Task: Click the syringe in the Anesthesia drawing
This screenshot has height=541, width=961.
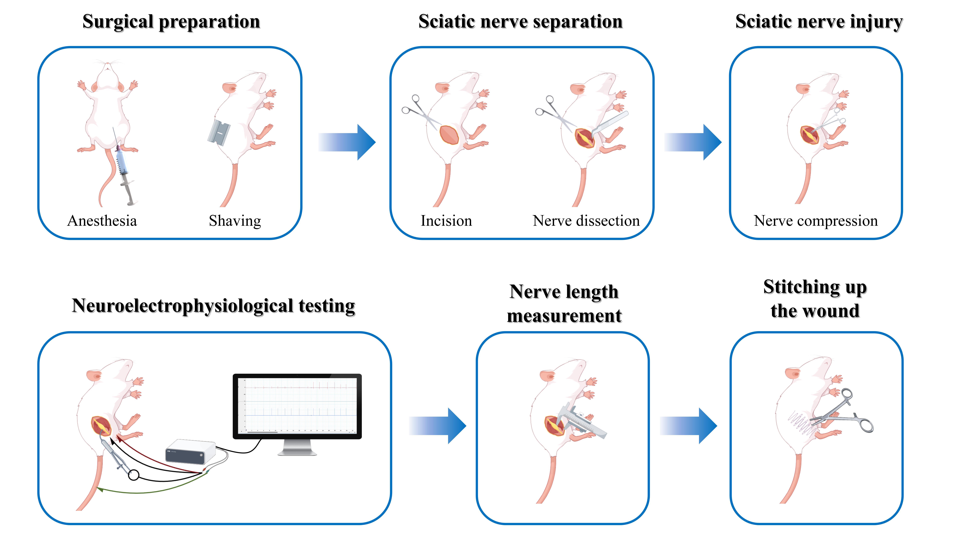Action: tap(124, 168)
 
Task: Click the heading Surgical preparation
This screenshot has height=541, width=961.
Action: tap(171, 22)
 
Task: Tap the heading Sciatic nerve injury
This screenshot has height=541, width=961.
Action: tap(819, 22)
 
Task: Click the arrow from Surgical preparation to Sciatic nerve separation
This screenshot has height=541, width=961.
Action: tap(347, 142)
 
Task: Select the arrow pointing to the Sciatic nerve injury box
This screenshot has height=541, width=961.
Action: tap(693, 142)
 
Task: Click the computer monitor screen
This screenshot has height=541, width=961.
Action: tap(297, 406)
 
